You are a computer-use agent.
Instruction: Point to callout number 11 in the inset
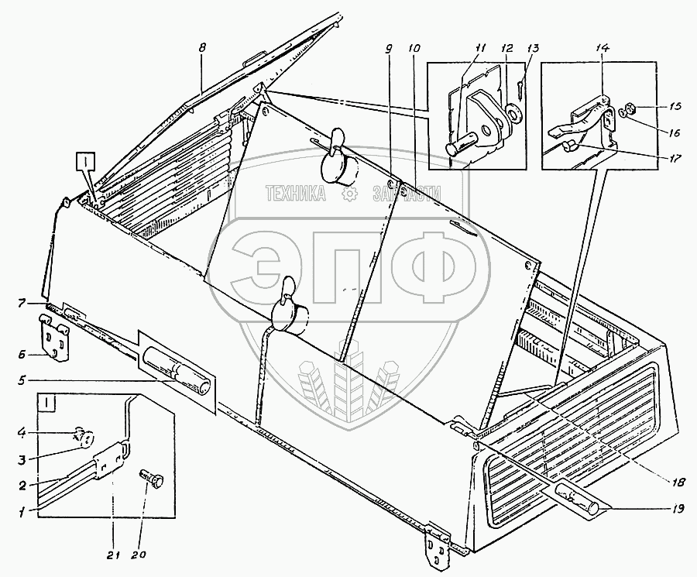(x=481, y=49)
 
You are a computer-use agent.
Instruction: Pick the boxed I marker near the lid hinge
(x=85, y=161)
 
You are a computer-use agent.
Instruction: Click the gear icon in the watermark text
(x=351, y=194)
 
